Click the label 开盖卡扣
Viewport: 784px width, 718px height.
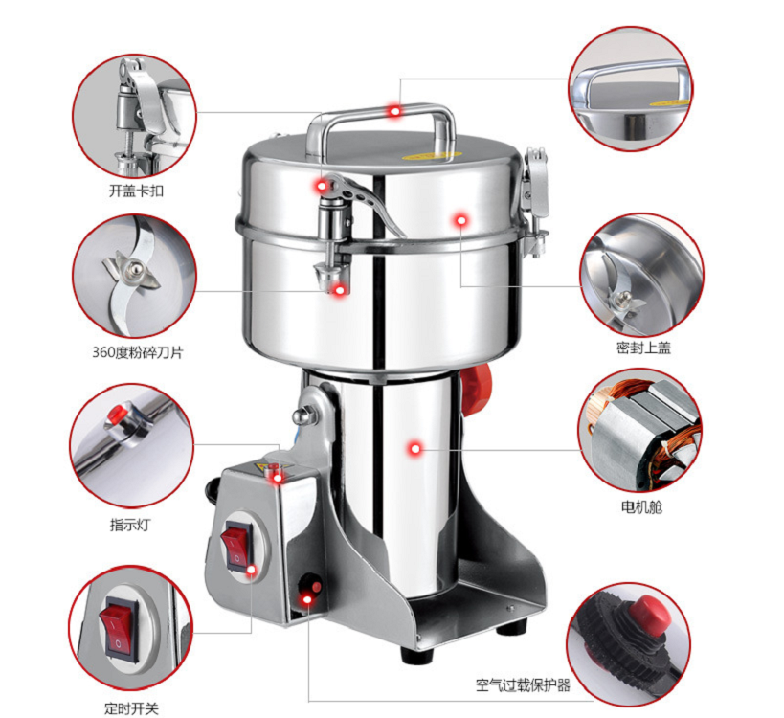point(136,191)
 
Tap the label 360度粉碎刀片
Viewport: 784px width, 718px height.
point(138,352)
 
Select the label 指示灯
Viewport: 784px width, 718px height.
point(130,525)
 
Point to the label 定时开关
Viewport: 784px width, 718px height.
point(131,708)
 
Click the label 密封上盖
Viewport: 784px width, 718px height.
point(643,348)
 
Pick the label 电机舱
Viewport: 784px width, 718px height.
point(641,507)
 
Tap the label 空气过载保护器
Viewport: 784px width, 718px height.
point(523,684)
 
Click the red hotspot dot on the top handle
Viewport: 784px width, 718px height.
point(395,111)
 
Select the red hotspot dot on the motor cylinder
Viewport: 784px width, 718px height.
point(415,448)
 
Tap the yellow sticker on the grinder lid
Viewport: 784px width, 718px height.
point(428,155)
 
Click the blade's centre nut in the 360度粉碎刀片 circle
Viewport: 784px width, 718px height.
point(134,270)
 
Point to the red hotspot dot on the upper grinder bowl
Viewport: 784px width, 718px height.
point(461,220)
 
